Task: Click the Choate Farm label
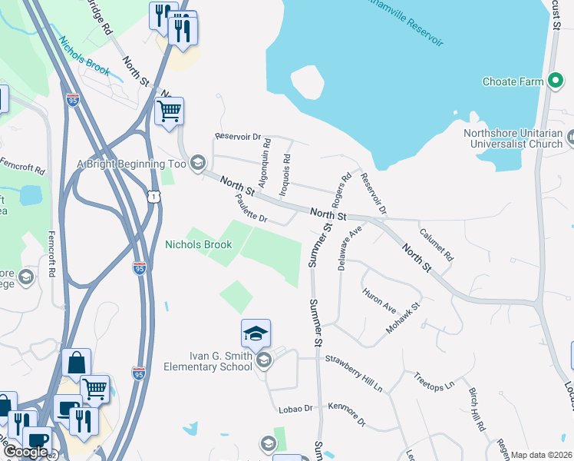coord(513,81)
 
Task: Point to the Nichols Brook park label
coord(198,245)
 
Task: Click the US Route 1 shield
coord(156,198)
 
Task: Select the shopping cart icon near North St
coord(169,111)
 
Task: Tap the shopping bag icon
coord(76,363)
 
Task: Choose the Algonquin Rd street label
coord(264,163)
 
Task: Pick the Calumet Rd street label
coord(437,243)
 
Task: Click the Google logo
coord(25,452)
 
